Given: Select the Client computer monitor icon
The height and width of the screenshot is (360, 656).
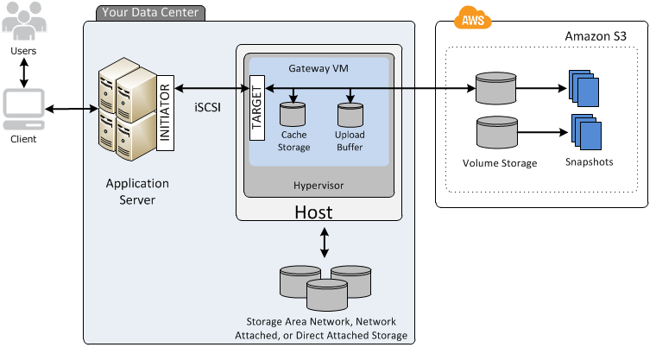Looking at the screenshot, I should tap(23, 109).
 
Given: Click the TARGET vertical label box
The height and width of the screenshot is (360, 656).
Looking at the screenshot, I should tap(256, 106).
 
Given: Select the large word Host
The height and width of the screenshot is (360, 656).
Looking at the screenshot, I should tap(314, 212).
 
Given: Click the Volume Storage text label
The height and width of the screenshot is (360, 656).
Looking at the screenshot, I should tap(500, 162).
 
